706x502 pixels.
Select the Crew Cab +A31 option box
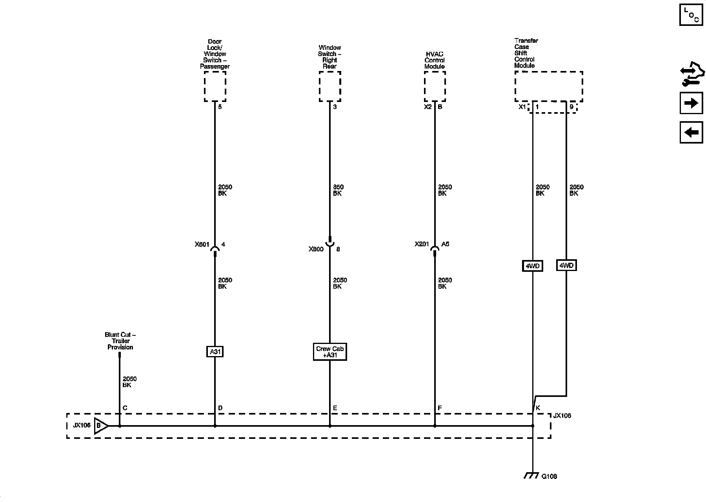point(330,352)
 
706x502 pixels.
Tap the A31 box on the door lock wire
point(215,352)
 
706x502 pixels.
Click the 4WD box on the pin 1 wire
point(532,266)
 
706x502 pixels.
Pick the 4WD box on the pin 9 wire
point(566,266)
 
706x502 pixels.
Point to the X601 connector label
point(202,244)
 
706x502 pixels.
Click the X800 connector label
point(316,249)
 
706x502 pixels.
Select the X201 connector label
point(422,244)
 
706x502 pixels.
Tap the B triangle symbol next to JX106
point(100,426)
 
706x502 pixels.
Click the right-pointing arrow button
point(691,103)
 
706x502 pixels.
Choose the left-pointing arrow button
point(691,132)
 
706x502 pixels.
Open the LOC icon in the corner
point(691,15)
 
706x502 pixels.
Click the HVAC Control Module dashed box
point(435,86)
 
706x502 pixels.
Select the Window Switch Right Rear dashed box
point(330,86)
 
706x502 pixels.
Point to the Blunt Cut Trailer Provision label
point(120,341)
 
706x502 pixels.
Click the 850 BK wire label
point(338,190)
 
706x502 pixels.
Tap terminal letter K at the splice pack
point(538,408)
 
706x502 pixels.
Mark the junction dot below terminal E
point(330,426)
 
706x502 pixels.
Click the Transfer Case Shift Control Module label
point(526,53)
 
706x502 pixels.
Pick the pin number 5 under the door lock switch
point(220,107)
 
